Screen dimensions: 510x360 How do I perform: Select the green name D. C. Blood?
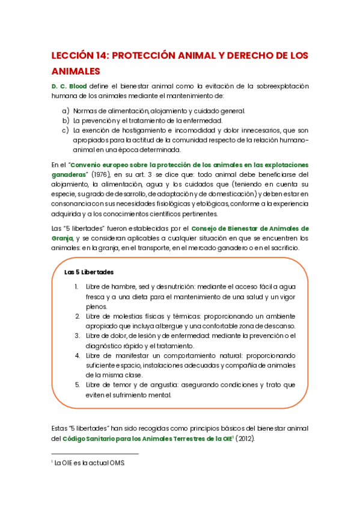[x=69, y=87]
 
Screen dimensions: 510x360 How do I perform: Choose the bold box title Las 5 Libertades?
[x=89, y=272]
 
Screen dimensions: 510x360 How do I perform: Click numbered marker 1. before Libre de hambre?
[x=76, y=287]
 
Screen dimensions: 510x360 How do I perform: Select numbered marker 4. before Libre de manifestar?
[x=76, y=355]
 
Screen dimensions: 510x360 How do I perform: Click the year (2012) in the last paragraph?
[x=245, y=438]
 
